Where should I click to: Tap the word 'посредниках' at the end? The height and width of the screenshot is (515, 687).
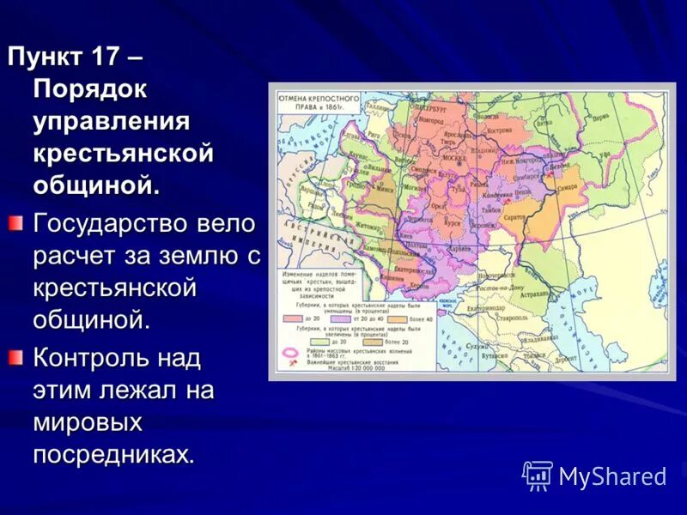coord(113,453)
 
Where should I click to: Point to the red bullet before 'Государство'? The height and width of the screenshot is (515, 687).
coord(15,225)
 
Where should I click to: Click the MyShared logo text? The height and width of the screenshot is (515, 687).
coord(611,476)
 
